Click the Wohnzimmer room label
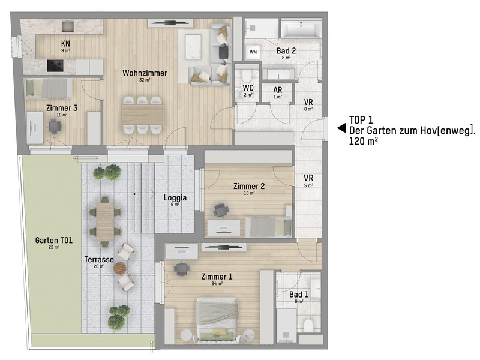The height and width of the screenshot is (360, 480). point(145,73)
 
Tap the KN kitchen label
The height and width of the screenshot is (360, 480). point(65,44)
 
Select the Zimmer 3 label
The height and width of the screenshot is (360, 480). point(61,108)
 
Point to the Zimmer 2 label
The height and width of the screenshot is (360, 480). point(249,187)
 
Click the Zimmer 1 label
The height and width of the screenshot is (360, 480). point(217,277)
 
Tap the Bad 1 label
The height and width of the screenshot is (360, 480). point(298,295)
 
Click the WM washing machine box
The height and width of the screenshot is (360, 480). point(253,52)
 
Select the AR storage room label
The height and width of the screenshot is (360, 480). point(277,89)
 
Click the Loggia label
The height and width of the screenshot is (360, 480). point(175,197)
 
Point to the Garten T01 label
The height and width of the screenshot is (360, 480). point(53,241)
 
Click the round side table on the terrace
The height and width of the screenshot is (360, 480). point(121,268)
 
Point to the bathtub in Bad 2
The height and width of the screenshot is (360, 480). point(302,29)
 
